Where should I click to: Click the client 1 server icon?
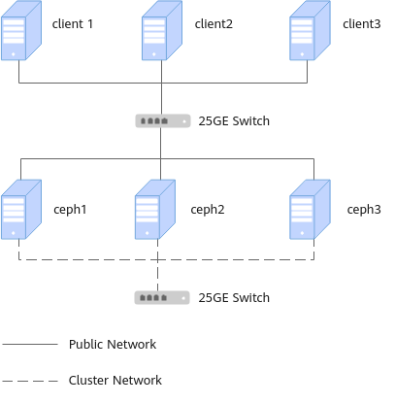tap(21, 30)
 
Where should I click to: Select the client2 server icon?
tap(162, 30)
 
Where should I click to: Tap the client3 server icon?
tap(310, 30)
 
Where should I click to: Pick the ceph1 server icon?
tap(21, 210)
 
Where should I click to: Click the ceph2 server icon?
tap(155, 210)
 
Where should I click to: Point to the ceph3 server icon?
tap(310, 210)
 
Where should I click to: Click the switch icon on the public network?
tap(163, 121)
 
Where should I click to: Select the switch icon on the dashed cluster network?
tap(162, 298)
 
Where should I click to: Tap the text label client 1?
tap(73, 24)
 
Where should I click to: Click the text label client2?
tap(214, 24)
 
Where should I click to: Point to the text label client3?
tap(362, 24)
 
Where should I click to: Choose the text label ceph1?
tap(70, 210)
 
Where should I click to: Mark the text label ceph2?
tap(208, 210)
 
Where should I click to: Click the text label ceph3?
tap(364, 210)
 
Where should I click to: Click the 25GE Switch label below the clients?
tap(234, 121)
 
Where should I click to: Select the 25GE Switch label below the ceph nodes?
tap(234, 298)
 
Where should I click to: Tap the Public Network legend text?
tap(113, 344)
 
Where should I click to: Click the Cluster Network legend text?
tap(115, 380)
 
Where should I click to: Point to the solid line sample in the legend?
tap(30, 344)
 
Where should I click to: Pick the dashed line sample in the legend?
tap(30, 381)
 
